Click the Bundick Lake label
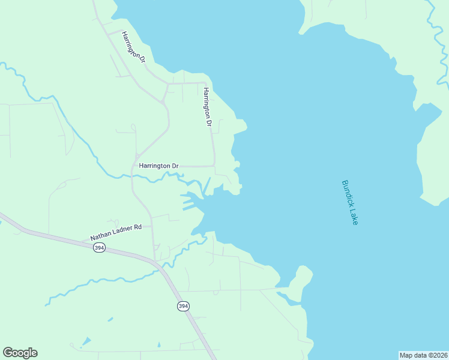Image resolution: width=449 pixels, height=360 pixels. click(349, 202)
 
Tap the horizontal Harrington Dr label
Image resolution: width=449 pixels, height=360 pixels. click(158, 166)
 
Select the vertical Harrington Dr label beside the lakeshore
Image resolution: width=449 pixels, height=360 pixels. click(207, 107)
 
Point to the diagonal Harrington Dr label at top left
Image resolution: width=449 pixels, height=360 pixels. click(133, 47)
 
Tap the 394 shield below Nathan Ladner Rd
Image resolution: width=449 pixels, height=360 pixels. click(100, 248)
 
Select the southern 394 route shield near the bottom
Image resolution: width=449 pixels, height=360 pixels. click(183, 306)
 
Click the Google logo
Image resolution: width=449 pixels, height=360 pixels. click(20, 353)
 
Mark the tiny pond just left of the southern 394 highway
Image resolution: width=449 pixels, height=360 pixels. click(159, 344)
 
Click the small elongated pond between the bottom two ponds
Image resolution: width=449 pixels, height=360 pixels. click(109, 319)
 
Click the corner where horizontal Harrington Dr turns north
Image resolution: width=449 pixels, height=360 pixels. click(214, 166)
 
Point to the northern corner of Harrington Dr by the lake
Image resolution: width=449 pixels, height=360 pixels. click(205, 83)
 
